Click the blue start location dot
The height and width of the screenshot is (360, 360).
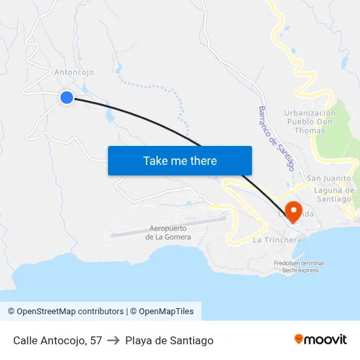point(66,98)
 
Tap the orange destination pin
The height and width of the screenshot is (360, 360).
point(294,212)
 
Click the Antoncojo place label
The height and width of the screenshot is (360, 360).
point(74,72)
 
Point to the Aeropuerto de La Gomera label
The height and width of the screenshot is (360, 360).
point(169,232)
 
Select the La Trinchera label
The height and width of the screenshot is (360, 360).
point(277,240)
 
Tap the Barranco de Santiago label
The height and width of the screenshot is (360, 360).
point(275,139)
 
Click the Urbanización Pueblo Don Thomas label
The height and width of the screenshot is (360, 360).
point(310,122)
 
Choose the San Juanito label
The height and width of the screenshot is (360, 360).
point(329,178)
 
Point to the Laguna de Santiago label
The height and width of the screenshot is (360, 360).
point(334,194)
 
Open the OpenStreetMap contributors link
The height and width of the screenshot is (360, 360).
point(65,312)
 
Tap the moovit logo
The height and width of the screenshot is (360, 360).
point(321,340)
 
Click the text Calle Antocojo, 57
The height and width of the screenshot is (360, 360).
point(58,340)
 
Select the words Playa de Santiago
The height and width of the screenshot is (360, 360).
point(170,340)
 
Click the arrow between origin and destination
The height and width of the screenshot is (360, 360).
point(114,340)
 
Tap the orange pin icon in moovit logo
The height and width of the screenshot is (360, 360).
point(299,340)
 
